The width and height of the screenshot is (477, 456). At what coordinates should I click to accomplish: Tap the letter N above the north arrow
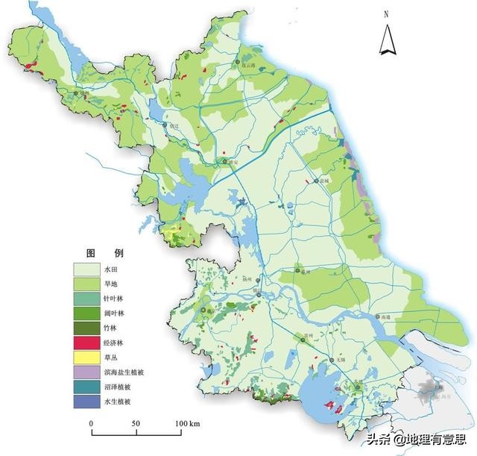pyautogui.click(x=386, y=14)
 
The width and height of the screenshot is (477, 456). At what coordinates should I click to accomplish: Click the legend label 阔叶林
pyautogui.click(x=114, y=313)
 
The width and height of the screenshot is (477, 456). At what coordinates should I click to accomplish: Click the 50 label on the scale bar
pyautogui.click(x=136, y=424)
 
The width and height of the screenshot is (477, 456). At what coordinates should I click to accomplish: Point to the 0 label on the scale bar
pyautogui.click(x=92, y=424)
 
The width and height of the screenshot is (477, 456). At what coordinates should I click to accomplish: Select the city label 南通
pyautogui.click(x=385, y=317)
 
